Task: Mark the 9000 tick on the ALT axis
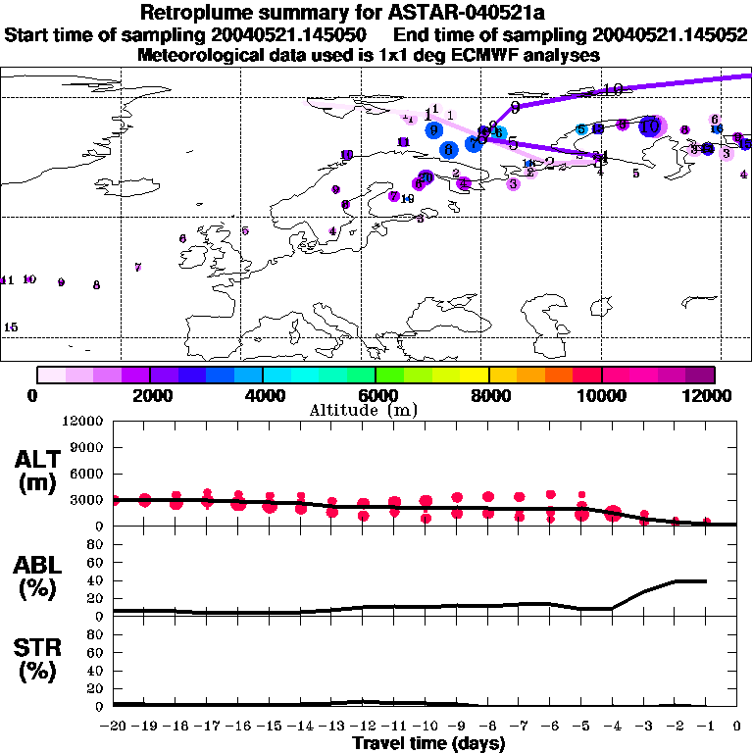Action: click(85, 447)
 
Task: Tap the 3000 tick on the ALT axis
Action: click(85, 500)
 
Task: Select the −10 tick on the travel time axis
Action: click(427, 726)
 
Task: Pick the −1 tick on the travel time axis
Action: click(706, 726)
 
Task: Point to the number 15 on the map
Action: click(11, 327)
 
